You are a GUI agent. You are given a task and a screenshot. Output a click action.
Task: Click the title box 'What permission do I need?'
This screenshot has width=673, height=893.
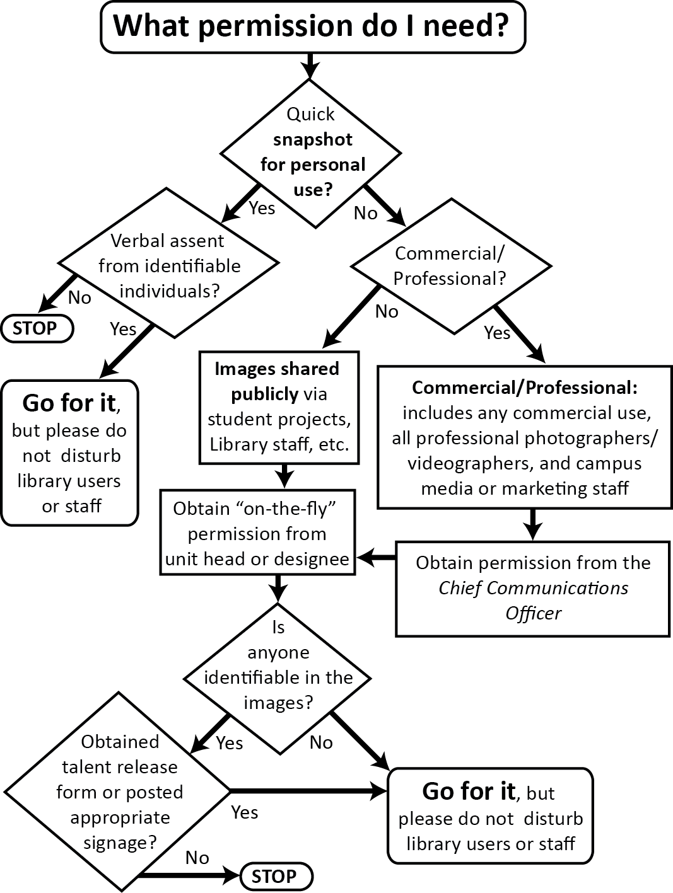(x=312, y=26)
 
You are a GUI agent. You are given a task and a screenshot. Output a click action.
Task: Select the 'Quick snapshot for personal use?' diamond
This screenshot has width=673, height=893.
(x=311, y=152)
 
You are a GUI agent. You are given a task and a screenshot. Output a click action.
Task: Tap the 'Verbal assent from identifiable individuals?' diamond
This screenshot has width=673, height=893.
(x=168, y=265)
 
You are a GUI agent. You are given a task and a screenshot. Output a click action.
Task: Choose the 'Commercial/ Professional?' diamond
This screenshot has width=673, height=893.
(x=450, y=265)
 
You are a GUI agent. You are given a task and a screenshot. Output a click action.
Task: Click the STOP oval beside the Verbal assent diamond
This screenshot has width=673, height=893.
(x=36, y=328)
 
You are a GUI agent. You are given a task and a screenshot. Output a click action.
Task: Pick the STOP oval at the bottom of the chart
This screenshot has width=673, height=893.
(x=276, y=876)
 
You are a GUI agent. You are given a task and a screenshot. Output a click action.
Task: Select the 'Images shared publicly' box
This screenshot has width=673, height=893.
(x=279, y=406)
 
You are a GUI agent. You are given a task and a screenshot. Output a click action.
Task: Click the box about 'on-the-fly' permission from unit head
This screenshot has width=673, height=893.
(x=257, y=533)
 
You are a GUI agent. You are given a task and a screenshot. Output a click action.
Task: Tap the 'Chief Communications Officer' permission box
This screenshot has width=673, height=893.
(x=532, y=588)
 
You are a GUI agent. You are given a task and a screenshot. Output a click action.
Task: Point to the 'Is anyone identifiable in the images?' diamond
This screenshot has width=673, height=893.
(x=278, y=677)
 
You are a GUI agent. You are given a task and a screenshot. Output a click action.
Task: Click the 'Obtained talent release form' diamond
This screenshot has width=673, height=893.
(x=119, y=792)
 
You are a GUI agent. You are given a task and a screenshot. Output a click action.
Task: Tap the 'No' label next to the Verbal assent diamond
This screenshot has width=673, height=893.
(x=79, y=297)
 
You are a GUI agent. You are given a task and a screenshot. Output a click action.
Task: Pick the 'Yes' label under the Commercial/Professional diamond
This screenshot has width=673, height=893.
(x=497, y=332)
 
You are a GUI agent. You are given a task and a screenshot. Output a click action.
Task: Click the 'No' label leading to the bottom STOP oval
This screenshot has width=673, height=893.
(x=197, y=858)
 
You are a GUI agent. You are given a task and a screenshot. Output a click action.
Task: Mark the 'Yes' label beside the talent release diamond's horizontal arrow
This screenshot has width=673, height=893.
(x=244, y=812)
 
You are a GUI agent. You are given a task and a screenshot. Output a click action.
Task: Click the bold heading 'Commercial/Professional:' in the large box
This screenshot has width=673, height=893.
(x=525, y=388)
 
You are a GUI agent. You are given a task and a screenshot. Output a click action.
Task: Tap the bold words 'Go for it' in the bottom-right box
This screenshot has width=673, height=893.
(x=469, y=792)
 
